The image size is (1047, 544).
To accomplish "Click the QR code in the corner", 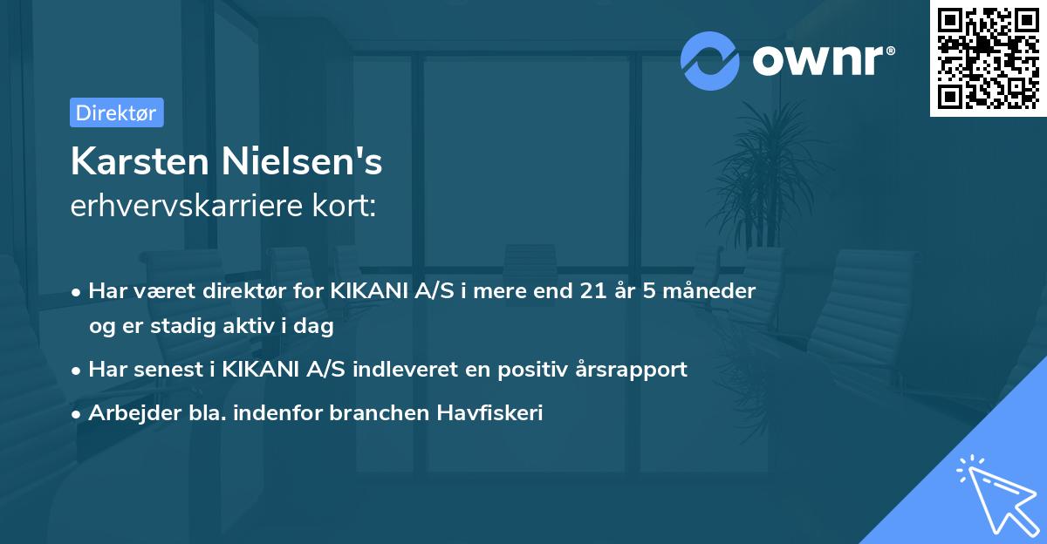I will coord(988,58).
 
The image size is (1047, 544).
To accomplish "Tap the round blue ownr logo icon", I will coord(710,60).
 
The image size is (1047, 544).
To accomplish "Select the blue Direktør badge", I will coord(116,112).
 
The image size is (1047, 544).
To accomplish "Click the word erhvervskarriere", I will coord(188,206).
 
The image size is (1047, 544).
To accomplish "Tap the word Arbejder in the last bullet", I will coord(127,413).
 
